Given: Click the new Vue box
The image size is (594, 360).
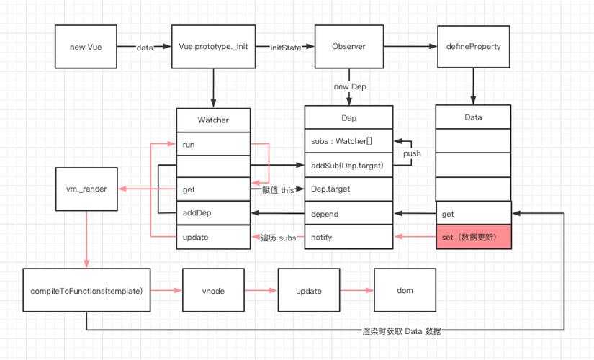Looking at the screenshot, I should click(86, 47).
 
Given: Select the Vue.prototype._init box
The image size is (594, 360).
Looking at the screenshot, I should click(214, 47).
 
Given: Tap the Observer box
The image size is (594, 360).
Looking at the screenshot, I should click(348, 47).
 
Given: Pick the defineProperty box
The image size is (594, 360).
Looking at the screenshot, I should click(473, 47).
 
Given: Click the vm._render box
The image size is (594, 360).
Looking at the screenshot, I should click(86, 189).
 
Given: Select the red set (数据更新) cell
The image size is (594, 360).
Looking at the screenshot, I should click(473, 237).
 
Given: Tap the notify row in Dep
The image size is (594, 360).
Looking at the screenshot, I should click(348, 237).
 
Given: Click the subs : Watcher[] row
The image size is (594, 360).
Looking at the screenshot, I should click(348, 140).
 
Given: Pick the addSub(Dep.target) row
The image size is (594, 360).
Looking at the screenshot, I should click(348, 166).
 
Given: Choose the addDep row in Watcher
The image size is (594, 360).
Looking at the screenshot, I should click(213, 214).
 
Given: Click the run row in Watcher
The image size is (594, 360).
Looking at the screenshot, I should click(213, 144).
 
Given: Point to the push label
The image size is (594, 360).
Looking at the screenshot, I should click(412, 153).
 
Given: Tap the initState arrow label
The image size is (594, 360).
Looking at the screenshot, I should click(285, 47).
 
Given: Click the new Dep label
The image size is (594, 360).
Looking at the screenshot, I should click(350, 86).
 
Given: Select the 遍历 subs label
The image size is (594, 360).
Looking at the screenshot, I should click(277, 238).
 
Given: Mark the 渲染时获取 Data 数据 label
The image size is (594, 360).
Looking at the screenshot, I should click(401, 331).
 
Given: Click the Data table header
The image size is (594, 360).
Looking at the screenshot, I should click(473, 117).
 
